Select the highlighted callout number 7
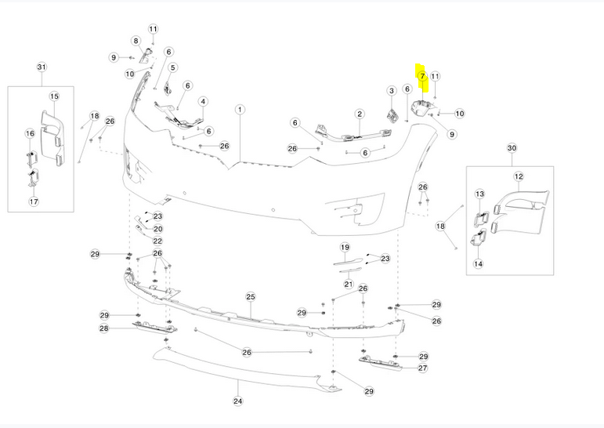[421, 76]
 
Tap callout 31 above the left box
[41, 67]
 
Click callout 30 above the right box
[512, 147]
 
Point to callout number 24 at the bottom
[238, 401]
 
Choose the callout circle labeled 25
[251, 297]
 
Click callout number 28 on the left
[103, 328]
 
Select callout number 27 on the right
[423, 368]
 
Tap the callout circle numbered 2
[360, 114]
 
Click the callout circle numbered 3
[392, 92]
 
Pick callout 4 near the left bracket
[203, 102]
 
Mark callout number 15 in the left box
[54, 96]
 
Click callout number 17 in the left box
[34, 201]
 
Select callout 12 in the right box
[519, 177]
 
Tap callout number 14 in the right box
[478, 264]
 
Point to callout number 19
[344, 248]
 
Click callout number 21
[349, 284]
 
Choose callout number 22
[157, 241]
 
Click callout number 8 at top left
[136, 41]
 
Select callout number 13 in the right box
[480, 194]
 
